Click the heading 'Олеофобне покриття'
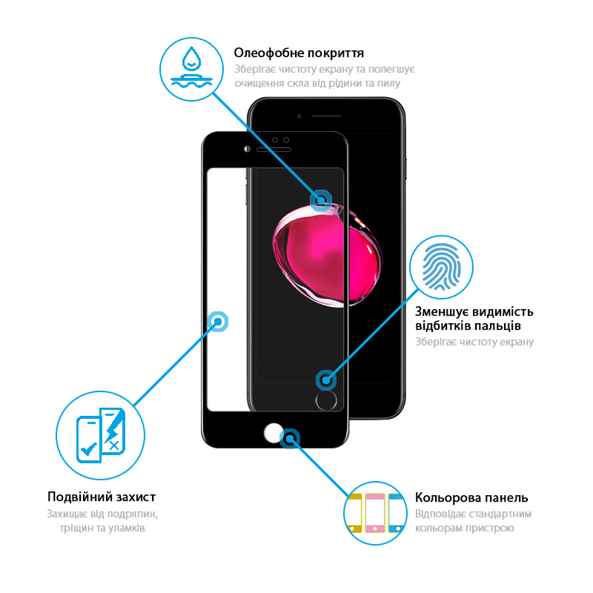click(299, 53)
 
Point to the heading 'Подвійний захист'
click(102, 497)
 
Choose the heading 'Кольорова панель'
click(471, 497)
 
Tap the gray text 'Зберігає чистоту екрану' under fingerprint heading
click(474, 342)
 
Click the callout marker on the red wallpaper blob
click(321, 200)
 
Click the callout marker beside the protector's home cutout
click(291, 439)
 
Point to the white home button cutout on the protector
click(274, 435)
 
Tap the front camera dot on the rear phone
click(299, 116)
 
